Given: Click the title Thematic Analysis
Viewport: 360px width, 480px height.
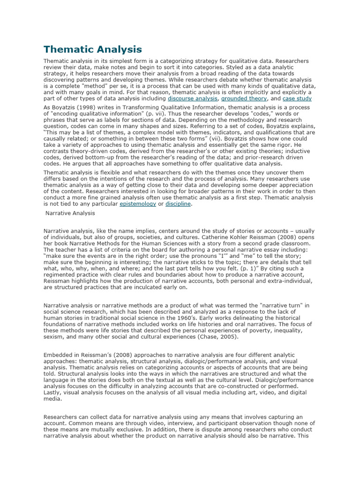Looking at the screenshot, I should tap(92, 49).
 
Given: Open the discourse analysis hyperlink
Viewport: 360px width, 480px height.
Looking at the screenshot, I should tap(192, 99).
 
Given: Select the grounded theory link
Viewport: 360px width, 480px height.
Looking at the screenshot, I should tap(244, 99).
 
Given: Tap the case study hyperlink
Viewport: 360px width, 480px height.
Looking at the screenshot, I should tap(297, 99).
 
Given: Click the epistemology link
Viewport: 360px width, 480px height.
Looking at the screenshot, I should tap(138, 204).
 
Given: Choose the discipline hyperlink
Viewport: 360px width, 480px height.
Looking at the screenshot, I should tap(178, 204).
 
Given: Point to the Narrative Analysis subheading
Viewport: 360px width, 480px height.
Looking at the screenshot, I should tap(70, 213).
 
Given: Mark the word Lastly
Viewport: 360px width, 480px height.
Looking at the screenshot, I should tap(52, 392).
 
